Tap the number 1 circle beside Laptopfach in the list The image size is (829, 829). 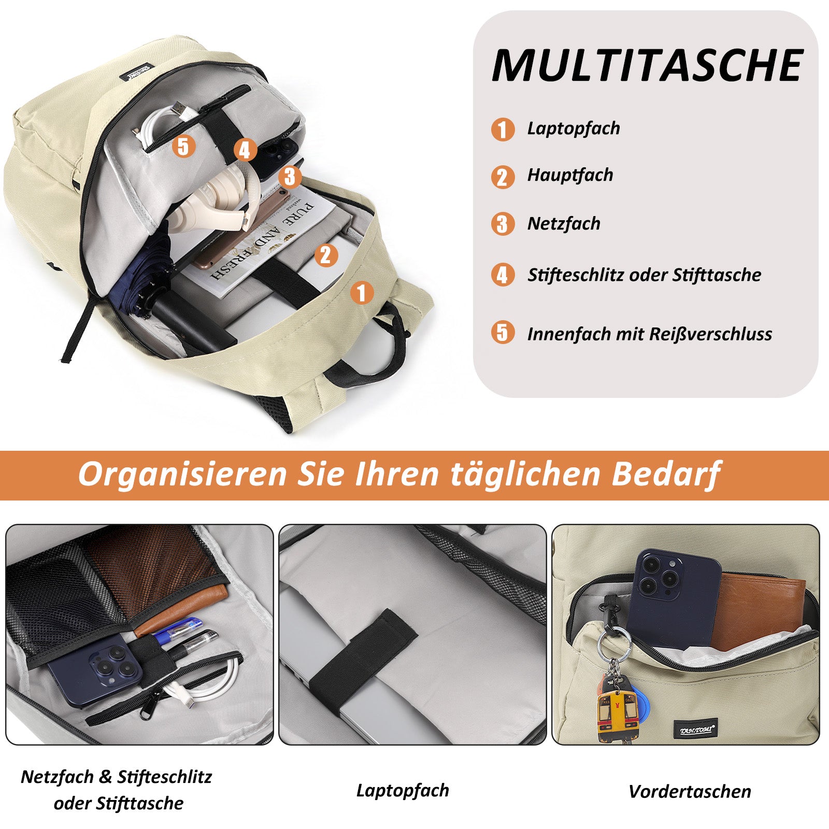click(503, 129)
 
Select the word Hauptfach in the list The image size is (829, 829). click(570, 175)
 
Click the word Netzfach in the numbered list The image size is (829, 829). click(564, 224)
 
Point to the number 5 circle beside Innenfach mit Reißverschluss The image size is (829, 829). click(503, 332)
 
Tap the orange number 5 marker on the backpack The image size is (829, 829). click(183, 146)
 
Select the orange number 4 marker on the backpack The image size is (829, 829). click(245, 150)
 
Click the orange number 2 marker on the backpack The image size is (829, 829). click(326, 255)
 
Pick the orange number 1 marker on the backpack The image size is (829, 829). click(362, 293)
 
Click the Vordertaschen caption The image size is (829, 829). click(690, 791)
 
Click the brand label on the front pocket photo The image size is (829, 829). click(696, 730)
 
